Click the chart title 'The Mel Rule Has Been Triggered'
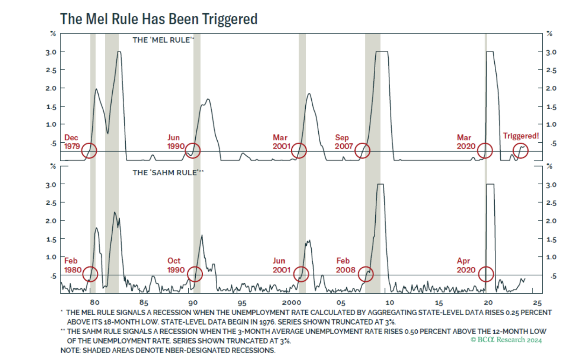159,19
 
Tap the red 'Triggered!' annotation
521,136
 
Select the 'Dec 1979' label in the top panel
72,142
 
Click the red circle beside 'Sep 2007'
362,151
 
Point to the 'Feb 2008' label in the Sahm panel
345,265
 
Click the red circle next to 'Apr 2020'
486,274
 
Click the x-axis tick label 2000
291,303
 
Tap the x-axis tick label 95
242,303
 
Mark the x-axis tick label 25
537,303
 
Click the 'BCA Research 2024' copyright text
506,340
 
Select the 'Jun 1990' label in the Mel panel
176,142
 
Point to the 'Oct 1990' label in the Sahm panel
176,265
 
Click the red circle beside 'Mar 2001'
299,151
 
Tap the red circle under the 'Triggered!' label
521,151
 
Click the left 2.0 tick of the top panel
51,88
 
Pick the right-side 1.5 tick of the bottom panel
551,239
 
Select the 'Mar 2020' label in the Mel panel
466,142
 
